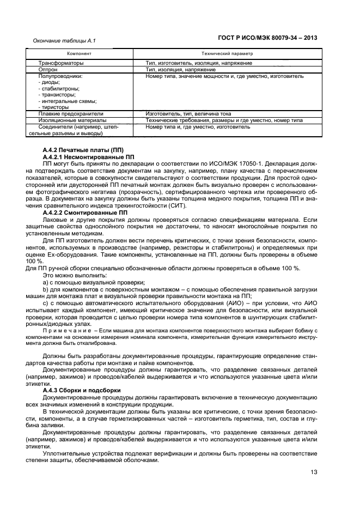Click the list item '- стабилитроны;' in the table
pos(59,89)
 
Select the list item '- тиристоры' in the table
pos(55,107)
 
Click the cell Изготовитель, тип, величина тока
pos(188,114)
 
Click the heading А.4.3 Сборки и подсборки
pos(81,391)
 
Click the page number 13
pos(314,471)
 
